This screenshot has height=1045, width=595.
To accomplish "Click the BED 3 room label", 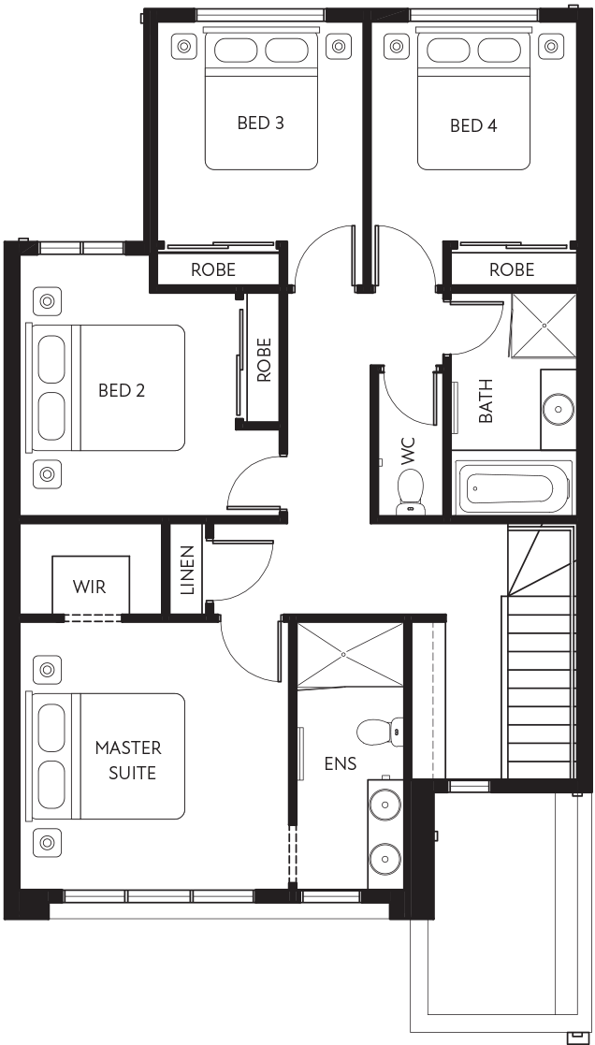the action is [260, 123].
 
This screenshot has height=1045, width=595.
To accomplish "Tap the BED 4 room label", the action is [473, 125].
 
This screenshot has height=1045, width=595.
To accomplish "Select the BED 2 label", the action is [122, 390].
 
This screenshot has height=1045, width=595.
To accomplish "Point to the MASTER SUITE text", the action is [128, 760].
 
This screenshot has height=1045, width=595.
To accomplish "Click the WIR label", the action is [89, 587].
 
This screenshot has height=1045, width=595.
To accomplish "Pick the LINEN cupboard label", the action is [187, 571].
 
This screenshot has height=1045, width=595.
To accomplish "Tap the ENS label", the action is [341, 763].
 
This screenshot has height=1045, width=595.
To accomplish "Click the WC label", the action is [408, 451].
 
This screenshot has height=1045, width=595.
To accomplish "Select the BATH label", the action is [486, 400].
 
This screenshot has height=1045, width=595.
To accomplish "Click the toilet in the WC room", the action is [410, 491].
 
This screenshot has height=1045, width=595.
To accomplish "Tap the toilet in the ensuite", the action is [380, 732].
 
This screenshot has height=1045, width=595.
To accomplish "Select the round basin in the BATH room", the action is [558, 408].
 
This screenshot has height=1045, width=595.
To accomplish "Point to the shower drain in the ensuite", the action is [343, 655].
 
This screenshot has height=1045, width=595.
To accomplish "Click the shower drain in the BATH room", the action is [544, 326].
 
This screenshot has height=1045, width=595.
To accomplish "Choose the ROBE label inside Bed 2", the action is [264, 360].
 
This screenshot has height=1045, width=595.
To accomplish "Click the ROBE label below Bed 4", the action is [512, 269].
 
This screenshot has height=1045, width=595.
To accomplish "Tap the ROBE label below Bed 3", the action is [213, 269].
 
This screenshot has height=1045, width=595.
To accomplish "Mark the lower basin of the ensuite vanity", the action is [385, 856].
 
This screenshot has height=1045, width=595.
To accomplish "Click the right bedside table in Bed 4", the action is [551, 46].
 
